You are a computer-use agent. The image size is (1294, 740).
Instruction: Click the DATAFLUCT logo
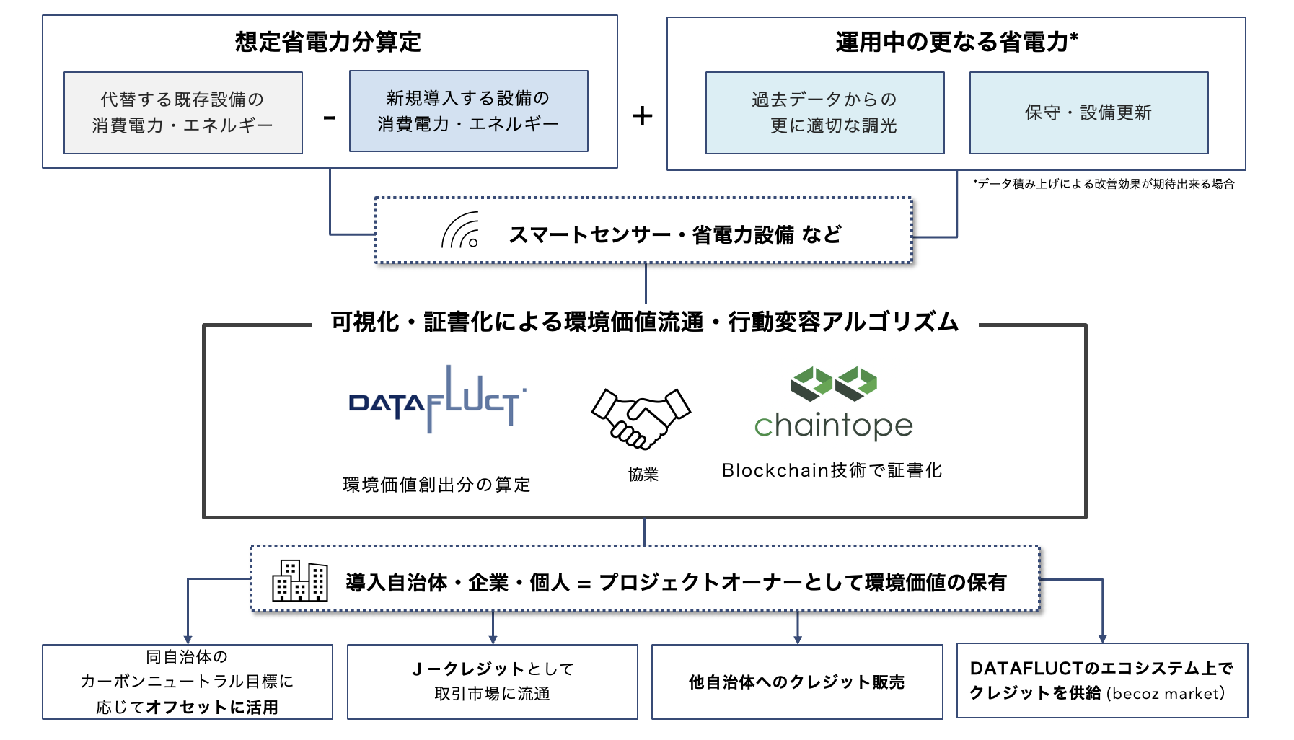[x=436, y=400]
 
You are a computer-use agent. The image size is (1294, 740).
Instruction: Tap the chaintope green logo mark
[x=833, y=383]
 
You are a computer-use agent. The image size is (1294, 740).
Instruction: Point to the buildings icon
[x=299, y=581]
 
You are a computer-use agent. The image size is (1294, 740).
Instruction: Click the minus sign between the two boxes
[x=330, y=118]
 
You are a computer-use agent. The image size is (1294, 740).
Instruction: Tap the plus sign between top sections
[x=642, y=115]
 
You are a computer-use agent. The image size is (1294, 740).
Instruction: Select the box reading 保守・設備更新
[x=1088, y=113]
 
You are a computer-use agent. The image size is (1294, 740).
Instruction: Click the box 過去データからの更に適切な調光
[x=824, y=113]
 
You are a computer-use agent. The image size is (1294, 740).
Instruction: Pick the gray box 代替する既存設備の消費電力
[x=182, y=113]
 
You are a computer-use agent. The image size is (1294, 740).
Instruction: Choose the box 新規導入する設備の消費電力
[x=468, y=111]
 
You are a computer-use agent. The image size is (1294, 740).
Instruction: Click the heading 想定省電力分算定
[x=327, y=42]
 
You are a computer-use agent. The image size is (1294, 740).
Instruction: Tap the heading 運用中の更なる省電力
[x=956, y=42]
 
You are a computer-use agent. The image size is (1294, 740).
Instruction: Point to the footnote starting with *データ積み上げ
[x=1103, y=184]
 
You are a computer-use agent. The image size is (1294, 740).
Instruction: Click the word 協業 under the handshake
[x=643, y=474]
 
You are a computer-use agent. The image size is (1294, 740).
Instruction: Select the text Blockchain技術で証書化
[x=832, y=470]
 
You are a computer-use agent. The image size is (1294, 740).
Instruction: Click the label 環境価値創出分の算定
[x=436, y=484]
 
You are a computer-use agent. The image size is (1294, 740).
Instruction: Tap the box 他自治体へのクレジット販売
[x=796, y=682]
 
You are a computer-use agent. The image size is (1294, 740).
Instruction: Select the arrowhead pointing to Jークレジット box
[x=493, y=640]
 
